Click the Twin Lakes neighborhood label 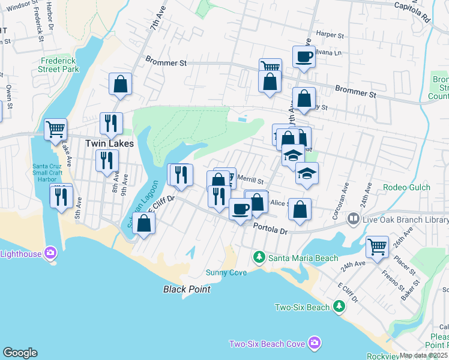(109, 143)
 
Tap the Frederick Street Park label (61, 65)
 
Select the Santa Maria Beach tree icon (259, 257)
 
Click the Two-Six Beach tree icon (339, 307)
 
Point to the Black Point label (187, 289)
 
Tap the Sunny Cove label (231, 272)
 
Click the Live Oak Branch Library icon (354, 220)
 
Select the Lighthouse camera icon (50, 253)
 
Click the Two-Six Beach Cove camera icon (314, 343)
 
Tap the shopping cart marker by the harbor (55, 128)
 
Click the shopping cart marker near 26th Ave (377, 246)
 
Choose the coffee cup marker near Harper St (304, 57)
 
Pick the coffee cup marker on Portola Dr (240, 209)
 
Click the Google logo (20, 353)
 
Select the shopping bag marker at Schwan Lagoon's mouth (144, 223)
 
